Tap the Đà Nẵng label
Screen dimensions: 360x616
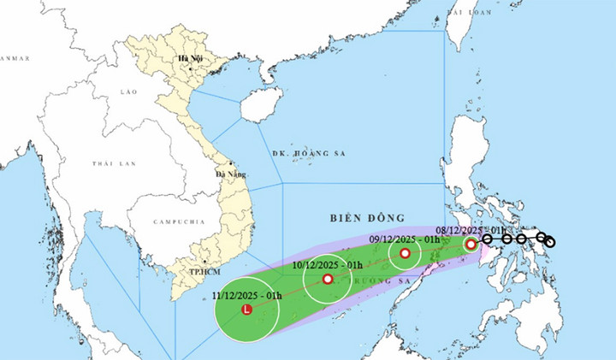(x=230, y=174)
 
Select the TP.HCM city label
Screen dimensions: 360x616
(x=203, y=271)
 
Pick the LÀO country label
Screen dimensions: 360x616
(x=129, y=91)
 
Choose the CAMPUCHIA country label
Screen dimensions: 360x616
(x=179, y=221)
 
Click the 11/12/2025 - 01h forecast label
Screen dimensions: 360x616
(x=249, y=294)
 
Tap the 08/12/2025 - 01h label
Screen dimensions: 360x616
(x=471, y=230)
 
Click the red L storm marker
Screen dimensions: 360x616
(x=247, y=309)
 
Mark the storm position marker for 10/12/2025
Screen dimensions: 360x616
(x=327, y=279)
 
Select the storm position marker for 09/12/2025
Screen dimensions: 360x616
(x=405, y=253)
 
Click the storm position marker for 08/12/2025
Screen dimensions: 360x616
(x=471, y=245)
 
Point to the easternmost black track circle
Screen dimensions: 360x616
(x=549, y=243)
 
